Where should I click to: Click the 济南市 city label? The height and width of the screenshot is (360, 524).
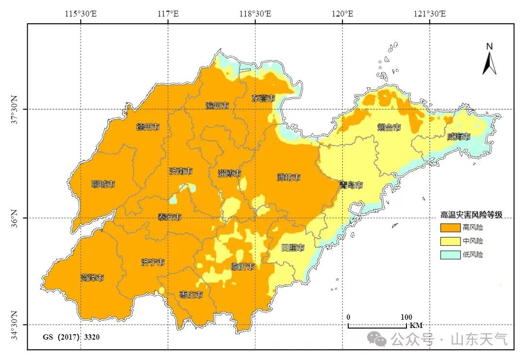pos(181,171)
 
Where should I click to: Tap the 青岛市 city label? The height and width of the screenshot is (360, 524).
pos(351,185)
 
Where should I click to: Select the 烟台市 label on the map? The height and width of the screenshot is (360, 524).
pos(389,128)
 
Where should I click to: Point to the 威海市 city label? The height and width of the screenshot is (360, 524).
pos(458,137)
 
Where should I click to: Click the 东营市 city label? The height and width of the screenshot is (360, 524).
pos(264,98)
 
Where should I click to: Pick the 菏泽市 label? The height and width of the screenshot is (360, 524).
pos(92,278)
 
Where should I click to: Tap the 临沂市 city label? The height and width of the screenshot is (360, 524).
pos(242,266)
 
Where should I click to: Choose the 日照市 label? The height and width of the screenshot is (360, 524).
pos(293,248)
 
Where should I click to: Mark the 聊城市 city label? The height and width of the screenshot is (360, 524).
pos(103,184)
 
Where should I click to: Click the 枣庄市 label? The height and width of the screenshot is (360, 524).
pos(191,295)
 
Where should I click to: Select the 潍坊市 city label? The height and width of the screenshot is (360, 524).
pos(288,177)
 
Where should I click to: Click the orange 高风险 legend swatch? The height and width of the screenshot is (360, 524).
pos(450,228)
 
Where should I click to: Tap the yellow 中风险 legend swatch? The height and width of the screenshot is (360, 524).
pos(450,241)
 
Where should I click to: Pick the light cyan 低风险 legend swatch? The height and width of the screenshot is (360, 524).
pos(450,254)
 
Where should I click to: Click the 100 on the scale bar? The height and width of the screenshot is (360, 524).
pos(406,317)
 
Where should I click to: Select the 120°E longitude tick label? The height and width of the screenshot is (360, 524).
pos(342,14)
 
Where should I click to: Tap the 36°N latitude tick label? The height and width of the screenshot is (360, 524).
pos(15,218)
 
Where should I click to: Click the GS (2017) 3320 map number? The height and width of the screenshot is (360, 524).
pos(71,337)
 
